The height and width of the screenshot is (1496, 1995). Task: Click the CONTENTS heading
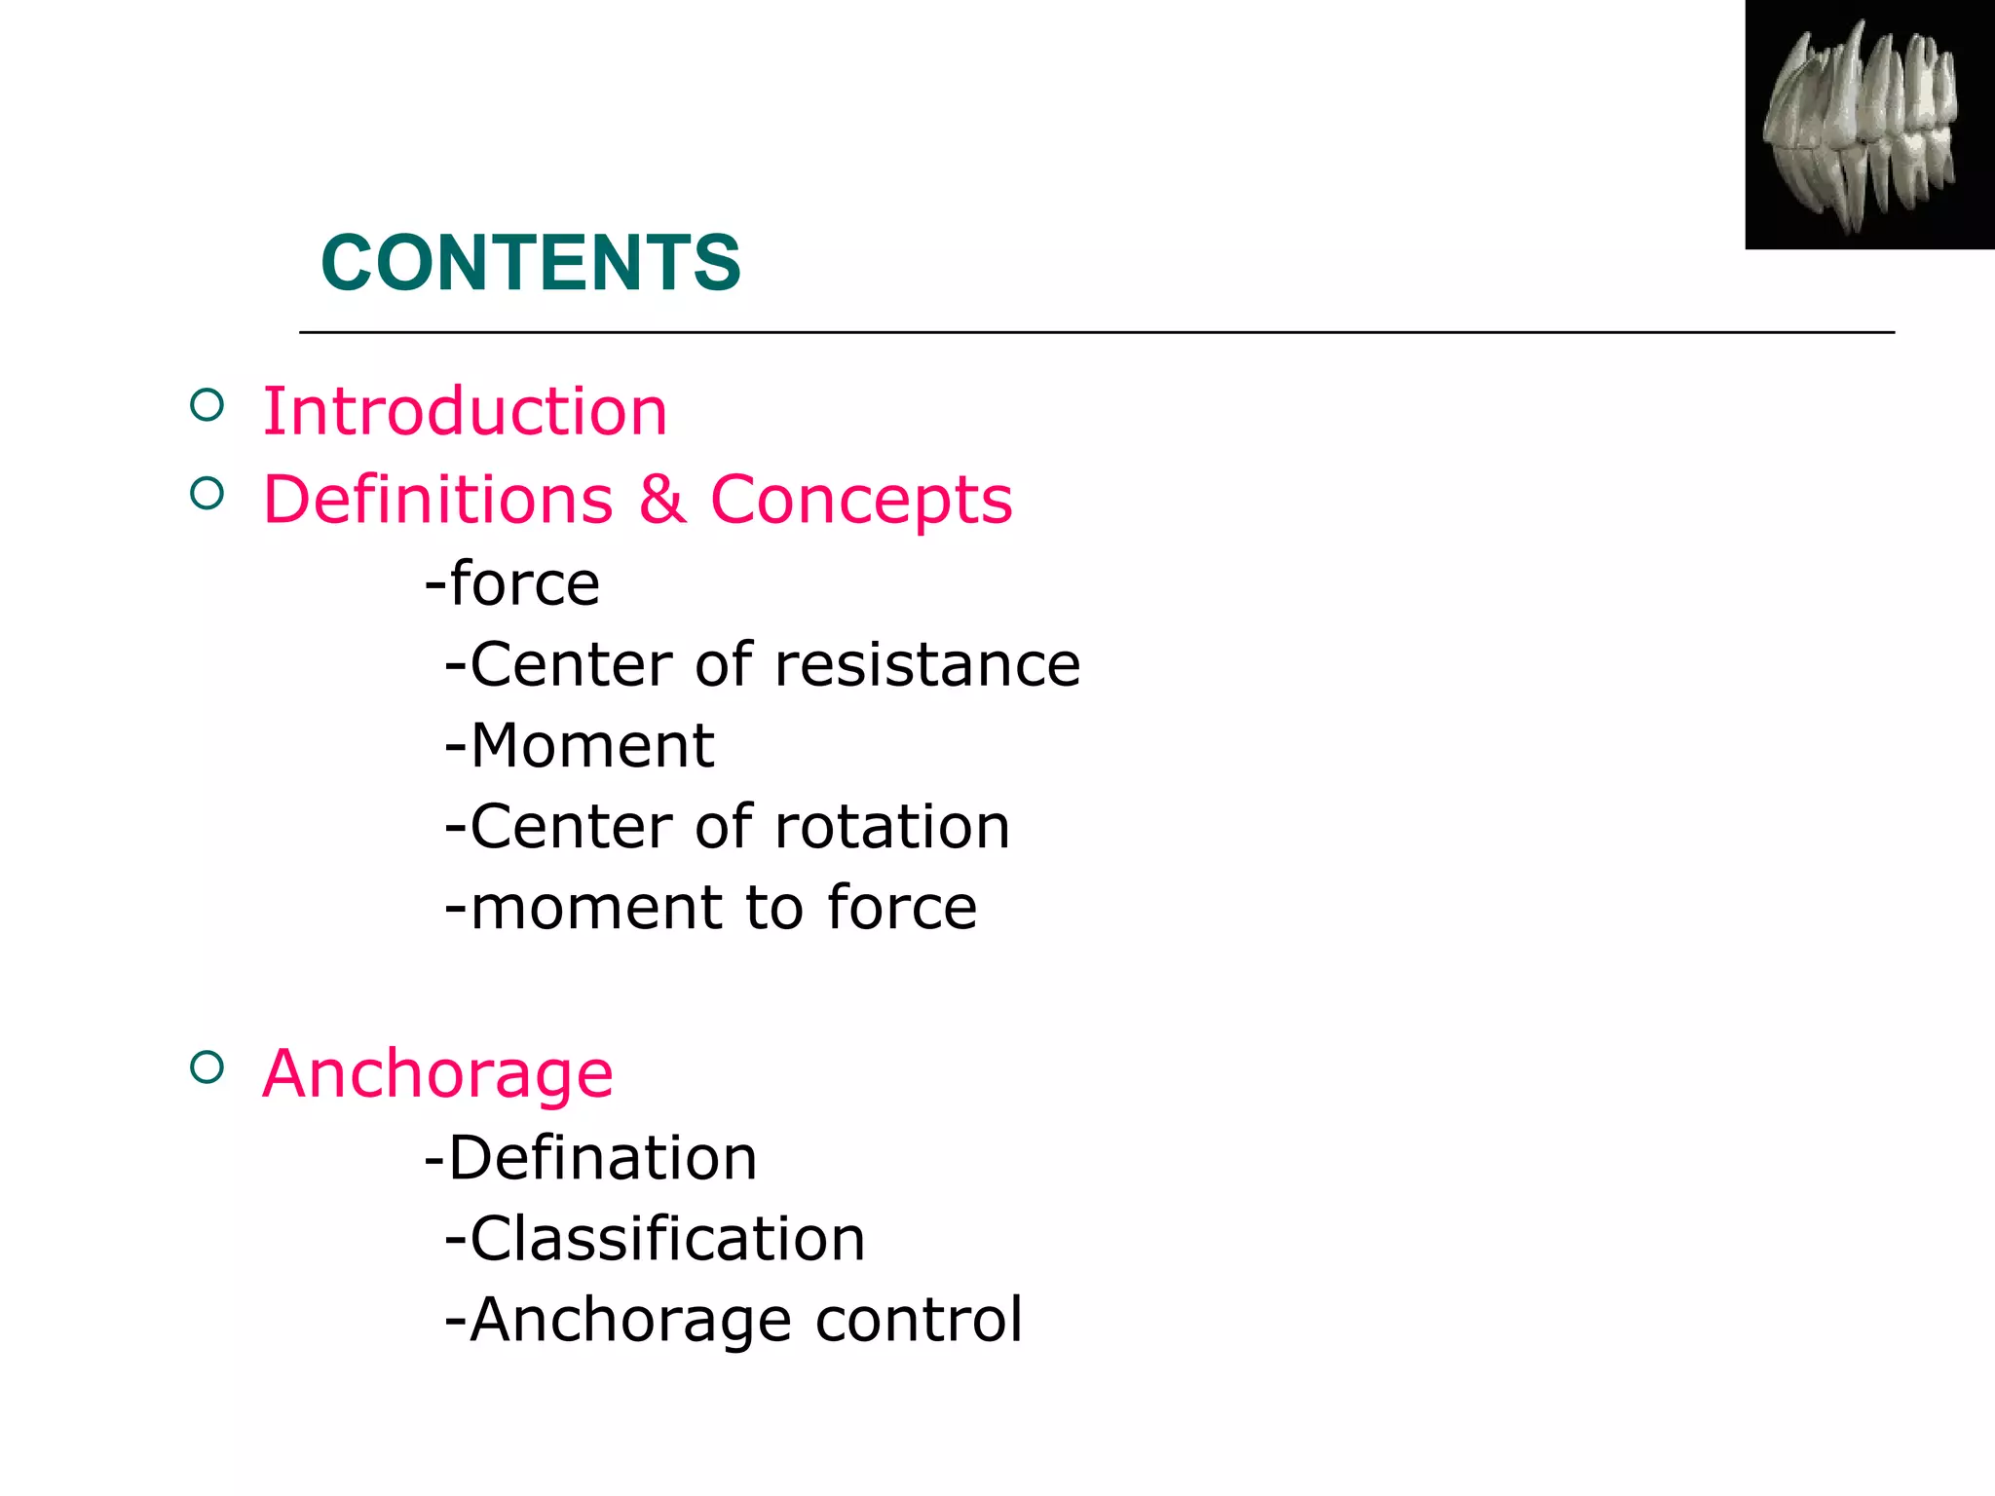[531, 263]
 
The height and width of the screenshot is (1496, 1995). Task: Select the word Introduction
[466, 411]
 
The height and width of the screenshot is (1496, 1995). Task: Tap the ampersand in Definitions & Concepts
[662, 500]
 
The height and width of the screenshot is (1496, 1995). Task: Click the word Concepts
[861, 500]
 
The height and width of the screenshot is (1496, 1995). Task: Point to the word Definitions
[438, 500]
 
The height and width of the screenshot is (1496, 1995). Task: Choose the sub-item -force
[512, 584]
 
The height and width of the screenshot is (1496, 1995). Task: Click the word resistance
[927, 665]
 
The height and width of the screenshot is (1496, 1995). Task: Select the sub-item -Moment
[580, 746]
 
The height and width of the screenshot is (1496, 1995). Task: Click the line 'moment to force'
[711, 908]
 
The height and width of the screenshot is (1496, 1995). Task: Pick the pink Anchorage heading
[437, 1074]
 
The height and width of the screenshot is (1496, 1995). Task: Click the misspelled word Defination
[602, 1158]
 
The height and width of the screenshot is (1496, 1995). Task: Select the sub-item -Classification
[655, 1239]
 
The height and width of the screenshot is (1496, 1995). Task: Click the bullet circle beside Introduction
[207, 404]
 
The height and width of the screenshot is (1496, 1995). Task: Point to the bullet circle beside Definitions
[207, 494]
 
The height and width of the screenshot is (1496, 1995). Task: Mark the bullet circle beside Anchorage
[207, 1067]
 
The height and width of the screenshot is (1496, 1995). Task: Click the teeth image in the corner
[1868, 125]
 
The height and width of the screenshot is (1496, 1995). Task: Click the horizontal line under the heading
[1096, 333]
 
